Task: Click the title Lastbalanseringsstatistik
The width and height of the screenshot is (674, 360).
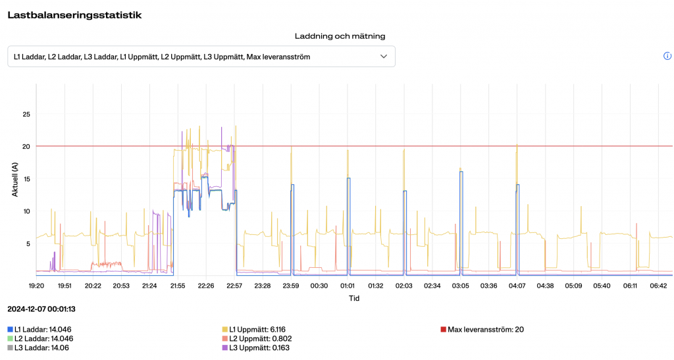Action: pyautogui.click(x=74, y=14)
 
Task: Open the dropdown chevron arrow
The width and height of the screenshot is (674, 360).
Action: pyautogui.click(x=384, y=57)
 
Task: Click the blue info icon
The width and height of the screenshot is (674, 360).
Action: pyautogui.click(x=667, y=57)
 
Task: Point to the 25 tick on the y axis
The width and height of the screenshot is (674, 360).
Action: pyautogui.click(x=26, y=115)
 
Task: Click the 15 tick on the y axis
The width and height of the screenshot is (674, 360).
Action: pyautogui.click(x=26, y=179)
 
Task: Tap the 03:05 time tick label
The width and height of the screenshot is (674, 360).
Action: pyautogui.click(x=460, y=286)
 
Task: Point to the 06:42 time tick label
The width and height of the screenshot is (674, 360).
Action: pyautogui.click(x=658, y=286)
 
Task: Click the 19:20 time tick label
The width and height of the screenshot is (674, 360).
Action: pyautogui.click(x=36, y=286)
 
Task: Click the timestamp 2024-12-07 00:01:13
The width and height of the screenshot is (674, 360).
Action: pyautogui.click(x=41, y=309)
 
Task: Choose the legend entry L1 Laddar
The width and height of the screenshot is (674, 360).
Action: pyautogui.click(x=42, y=329)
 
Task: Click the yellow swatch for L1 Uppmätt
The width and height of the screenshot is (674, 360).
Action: pyautogui.click(x=225, y=329)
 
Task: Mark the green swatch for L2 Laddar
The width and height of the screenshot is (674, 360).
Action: pyautogui.click(x=10, y=339)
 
